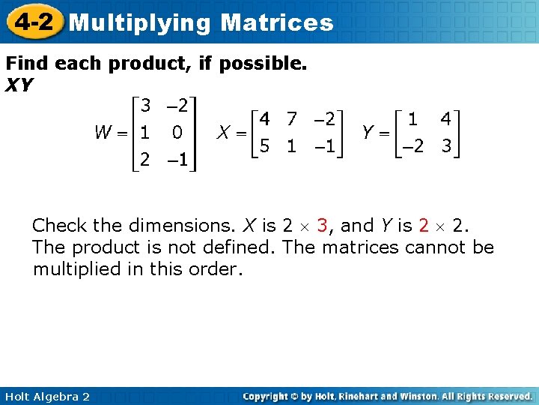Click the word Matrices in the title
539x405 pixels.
[x=277, y=22]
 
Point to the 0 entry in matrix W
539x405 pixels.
[x=177, y=133]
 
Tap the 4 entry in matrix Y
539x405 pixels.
[x=445, y=118]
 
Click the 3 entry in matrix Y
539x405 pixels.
[x=446, y=146]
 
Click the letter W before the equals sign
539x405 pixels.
[x=104, y=133]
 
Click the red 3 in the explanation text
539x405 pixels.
[x=322, y=225]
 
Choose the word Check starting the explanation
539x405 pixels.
[x=58, y=225]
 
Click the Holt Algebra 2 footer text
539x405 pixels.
[x=46, y=396]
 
